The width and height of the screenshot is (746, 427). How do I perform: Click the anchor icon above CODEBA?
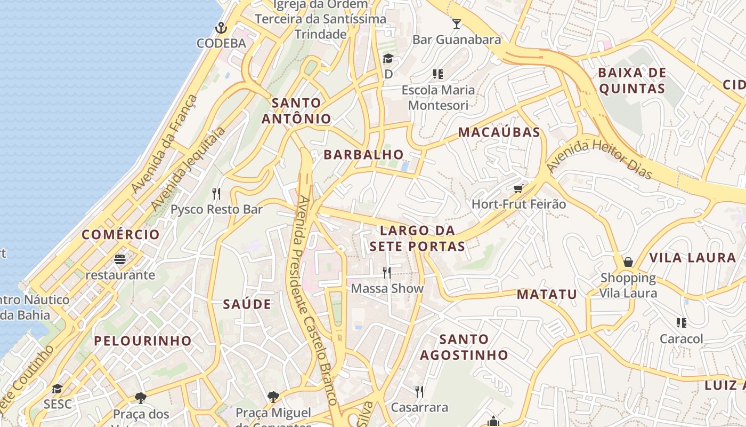(x=221, y=27)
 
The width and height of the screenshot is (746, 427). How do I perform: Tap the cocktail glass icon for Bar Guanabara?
(x=457, y=23)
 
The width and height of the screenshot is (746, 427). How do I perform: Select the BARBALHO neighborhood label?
(x=364, y=155)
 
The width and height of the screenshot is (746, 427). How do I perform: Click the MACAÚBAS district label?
(x=499, y=132)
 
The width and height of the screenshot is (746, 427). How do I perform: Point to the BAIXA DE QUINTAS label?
(x=632, y=81)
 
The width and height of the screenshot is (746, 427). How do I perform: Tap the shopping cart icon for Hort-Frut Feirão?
(x=518, y=188)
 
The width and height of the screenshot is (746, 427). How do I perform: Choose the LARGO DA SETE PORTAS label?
(x=417, y=239)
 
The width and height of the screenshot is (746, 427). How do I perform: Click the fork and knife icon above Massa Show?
(x=387, y=273)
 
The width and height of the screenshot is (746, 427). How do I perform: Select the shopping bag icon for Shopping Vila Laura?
(x=628, y=262)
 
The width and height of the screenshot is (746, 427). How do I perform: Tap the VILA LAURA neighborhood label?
(x=692, y=258)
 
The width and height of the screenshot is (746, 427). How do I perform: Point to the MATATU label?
(x=547, y=294)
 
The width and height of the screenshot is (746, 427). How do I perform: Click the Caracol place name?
(x=681, y=339)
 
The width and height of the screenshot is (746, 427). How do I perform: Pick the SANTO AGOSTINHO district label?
(x=464, y=347)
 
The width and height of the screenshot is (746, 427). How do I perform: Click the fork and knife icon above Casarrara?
(x=419, y=392)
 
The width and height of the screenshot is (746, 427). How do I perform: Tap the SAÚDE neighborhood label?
(x=247, y=305)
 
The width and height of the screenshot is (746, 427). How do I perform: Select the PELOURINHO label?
(x=143, y=341)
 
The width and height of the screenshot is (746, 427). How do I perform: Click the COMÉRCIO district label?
(x=120, y=235)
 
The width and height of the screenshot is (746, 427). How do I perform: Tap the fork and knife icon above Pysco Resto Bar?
(x=216, y=193)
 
